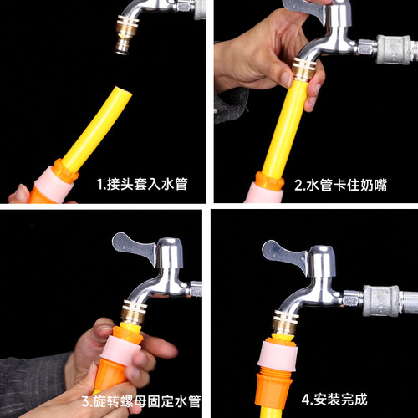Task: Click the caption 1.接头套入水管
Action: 140,184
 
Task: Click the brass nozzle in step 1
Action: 125,44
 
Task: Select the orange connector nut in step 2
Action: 269,180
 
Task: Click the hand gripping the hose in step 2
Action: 251,59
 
